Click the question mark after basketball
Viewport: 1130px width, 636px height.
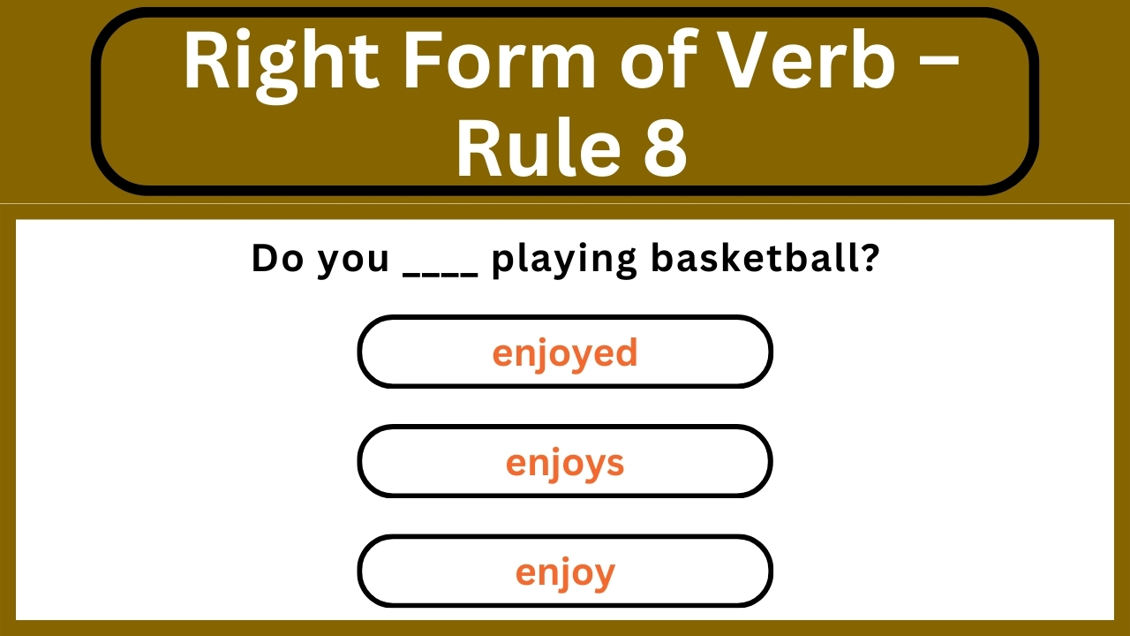tap(869, 259)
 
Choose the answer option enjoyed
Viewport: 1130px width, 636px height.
tap(565, 352)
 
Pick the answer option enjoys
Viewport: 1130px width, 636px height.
tap(565, 462)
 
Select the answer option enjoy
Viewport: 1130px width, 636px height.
tap(565, 572)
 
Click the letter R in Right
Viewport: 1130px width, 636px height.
tap(203, 62)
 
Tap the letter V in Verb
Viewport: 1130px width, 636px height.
tap(747, 62)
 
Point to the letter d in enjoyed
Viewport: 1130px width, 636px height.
tap(627, 352)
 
